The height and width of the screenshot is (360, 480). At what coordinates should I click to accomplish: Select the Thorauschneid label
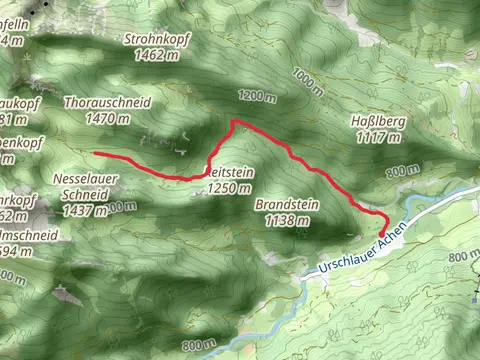coord(107,103)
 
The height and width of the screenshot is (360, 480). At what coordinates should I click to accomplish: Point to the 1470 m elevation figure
coord(108,118)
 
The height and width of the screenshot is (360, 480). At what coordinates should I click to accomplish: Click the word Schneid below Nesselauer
coord(80,196)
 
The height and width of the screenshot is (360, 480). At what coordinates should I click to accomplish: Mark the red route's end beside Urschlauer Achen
coord(382,234)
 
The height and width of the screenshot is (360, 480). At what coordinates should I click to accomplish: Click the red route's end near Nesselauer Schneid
coord(96,153)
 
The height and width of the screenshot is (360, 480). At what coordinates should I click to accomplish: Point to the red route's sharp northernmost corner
coord(233,121)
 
